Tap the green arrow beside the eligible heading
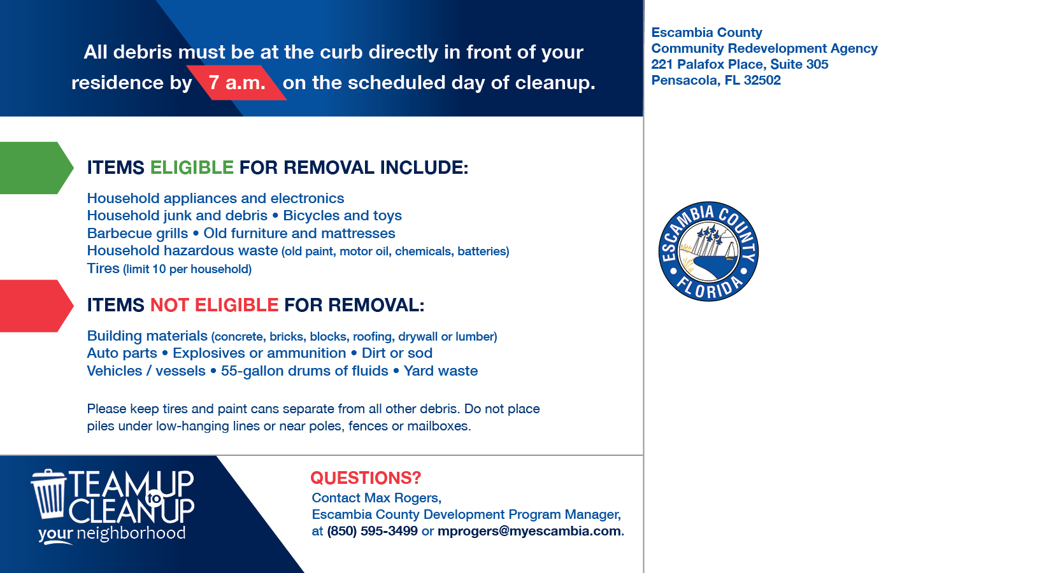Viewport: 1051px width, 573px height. click(x=35, y=167)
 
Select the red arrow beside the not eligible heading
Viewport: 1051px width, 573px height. click(x=35, y=306)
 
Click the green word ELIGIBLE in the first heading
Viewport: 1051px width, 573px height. click(x=192, y=167)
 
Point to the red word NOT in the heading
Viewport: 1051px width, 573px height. click(x=169, y=306)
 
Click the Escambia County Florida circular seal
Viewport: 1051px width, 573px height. click(x=708, y=251)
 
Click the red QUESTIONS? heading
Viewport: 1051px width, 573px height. click(x=366, y=478)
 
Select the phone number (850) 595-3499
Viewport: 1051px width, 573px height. click(x=372, y=531)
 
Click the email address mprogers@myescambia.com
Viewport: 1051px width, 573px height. click(x=529, y=531)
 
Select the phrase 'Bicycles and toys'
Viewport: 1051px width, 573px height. click(x=342, y=216)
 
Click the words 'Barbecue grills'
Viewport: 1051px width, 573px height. click(x=138, y=234)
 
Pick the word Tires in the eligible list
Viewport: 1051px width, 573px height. click(x=103, y=269)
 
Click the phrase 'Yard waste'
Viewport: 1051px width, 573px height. click(x=441, y=371)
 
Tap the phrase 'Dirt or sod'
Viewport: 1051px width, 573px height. click(x=397, y=353)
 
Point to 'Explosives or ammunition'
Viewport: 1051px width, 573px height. click(x=259, y=353)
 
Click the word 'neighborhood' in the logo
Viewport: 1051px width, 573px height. click(x=131, y=533)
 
